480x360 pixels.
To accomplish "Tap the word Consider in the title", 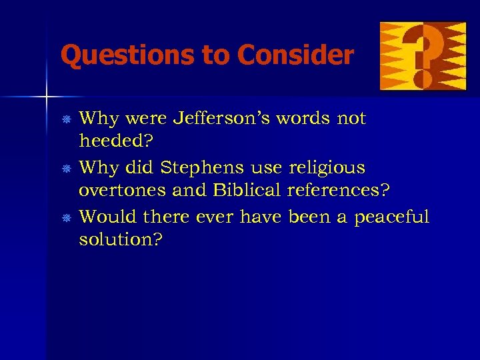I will (x=294, y=55).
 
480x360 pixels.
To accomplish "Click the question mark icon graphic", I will (x=423, y=56).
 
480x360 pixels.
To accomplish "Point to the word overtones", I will (x=122, y=191).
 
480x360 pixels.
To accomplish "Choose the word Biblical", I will (x=247, y=190).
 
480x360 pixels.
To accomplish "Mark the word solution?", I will (x=120, y=240).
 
